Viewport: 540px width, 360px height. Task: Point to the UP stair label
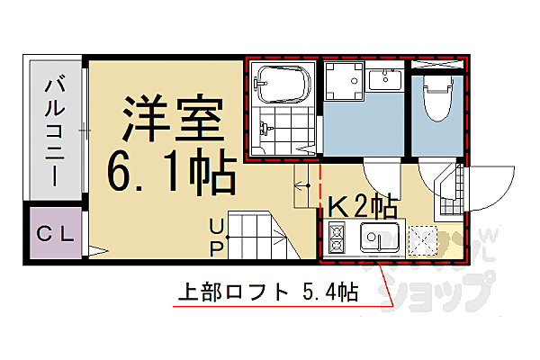pyautogui.click(x=217, y=235)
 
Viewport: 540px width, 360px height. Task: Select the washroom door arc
pyautogui.click(x=382, y=175)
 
